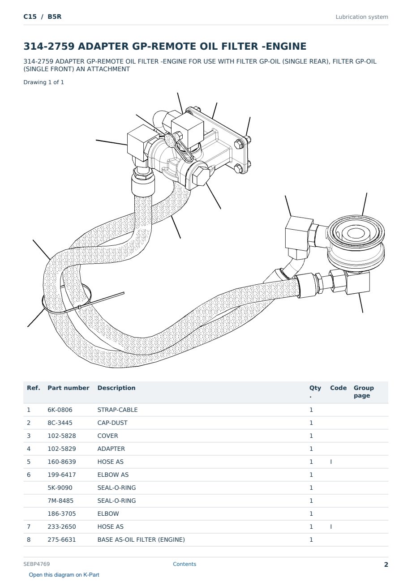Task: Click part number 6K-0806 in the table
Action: click(x=60, y=410)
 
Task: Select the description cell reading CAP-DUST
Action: click(x=112, y=423)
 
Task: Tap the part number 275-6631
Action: click(x=62, y=539)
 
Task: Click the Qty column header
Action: click(x=315, y=391)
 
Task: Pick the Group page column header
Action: click(x=364, y=392)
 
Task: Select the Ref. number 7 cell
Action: click(x=29, y=526)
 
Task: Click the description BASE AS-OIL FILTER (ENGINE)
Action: click(x=141, y=539)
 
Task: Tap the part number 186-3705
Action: click(x=62, y=514)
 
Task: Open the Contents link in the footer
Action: click(x=185, y=564)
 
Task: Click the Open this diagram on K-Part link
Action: click(x=64, y=575)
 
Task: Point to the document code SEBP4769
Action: click(x=37, y=564)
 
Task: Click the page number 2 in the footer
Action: click(x=386, y=565)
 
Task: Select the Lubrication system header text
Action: click(x=362, y=17)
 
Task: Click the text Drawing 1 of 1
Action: click(x=44, y=82)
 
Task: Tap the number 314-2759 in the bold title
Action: click(x=49, y=46)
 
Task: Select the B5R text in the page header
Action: click(x=55, y=17)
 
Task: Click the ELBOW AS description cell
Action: click(x=113, y=475)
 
